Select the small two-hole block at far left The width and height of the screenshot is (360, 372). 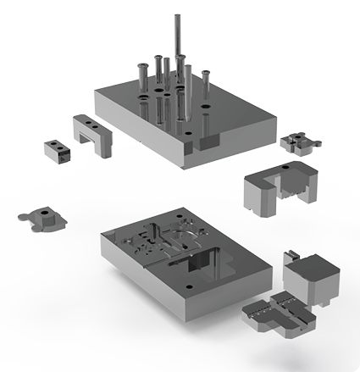[x=56, y=151]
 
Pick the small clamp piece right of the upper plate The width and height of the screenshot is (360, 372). [x=297, y=141]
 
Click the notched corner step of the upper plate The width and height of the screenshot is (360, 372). [x=206, y=144]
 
